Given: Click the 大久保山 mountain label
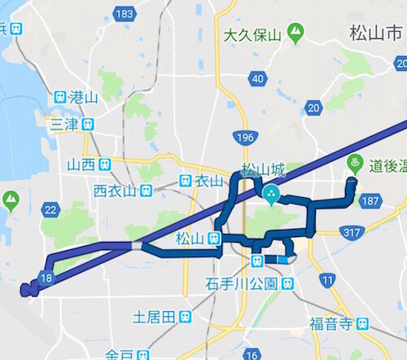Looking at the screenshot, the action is point(252,35).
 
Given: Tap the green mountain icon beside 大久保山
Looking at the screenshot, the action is point(294,34).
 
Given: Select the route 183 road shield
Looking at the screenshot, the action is point(125,15).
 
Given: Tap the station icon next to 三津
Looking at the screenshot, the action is point(88,125).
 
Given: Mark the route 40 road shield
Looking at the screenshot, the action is point(258,78).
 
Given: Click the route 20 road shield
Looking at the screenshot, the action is point(314,107).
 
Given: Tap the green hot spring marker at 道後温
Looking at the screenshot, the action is point(353,161).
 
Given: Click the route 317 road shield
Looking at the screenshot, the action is point(352,234).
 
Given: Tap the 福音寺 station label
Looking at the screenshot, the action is point(333,323).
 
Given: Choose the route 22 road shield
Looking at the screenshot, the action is point(50,211).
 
